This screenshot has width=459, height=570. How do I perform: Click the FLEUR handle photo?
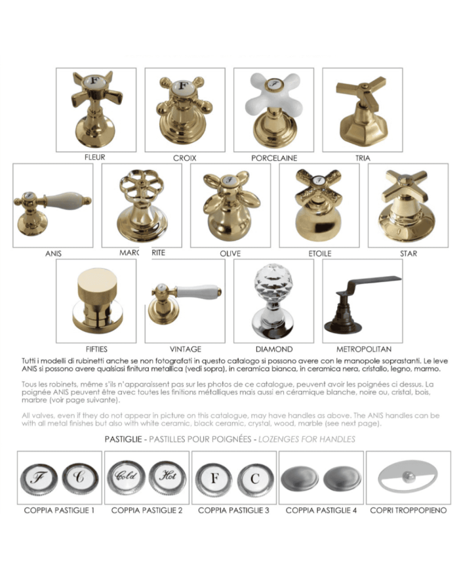click(x=96, y=108)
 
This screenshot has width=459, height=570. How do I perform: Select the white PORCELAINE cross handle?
click(x=274, y=105)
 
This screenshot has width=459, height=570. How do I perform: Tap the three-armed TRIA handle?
click(x=362, y=108)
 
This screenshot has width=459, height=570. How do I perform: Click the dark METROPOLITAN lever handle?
click(x=363, y=298)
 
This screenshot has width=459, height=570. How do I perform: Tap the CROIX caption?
click(x=184, y=158)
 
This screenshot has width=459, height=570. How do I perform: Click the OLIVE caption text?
click(x=230, y=253)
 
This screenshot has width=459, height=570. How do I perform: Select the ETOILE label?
click(x=319, y=253)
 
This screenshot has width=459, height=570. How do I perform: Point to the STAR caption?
click(x=408, y=253)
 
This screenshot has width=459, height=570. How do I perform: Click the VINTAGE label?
click(x=185, y=349)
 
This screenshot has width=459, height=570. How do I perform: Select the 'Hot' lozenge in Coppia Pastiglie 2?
click(x=165, y=476)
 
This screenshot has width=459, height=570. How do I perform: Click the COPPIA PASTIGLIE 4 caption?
click(x=321, y=510)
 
